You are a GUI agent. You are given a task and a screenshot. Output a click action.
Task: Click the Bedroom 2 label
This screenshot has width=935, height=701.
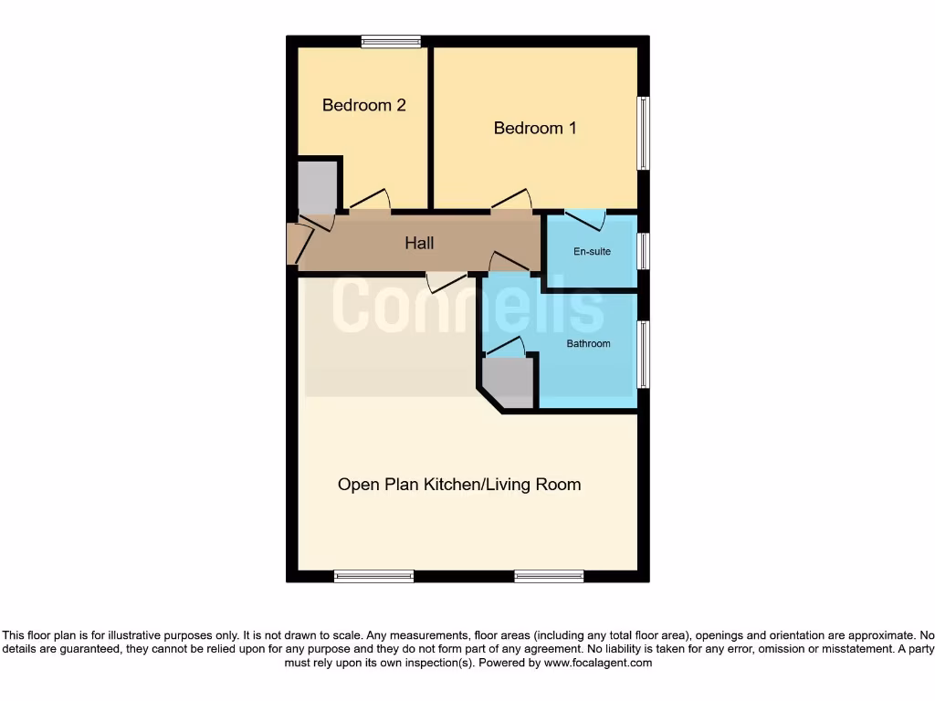pyautogui.click(x=363, y=105)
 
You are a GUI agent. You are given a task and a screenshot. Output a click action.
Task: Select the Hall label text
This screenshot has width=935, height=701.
pyautogui.click(x=419, y=243)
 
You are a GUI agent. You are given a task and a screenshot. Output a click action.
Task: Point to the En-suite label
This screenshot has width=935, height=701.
pyautogui.click(x=592, y=251)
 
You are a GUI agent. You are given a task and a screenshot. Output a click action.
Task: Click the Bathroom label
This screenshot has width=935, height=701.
pyautogui.click(x=588, y=343)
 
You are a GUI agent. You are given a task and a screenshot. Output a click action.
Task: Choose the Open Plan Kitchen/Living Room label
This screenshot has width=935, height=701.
pyautogui.click(x=459, y=484)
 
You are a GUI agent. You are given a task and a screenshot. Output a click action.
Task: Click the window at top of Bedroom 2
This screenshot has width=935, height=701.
pyautogui.click(x=391, y=41)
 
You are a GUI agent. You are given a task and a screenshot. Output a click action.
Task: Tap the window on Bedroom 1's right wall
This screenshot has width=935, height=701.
pyautogui.click(x=644, y=133)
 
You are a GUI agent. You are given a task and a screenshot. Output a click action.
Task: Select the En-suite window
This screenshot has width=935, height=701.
pyautogui.click(x=644, y=251)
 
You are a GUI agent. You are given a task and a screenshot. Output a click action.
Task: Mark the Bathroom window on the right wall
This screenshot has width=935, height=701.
pyautogui.click(x=644, y=353)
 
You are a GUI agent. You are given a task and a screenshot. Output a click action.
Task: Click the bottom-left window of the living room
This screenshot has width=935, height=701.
pyautogui.click(x=373, y=576)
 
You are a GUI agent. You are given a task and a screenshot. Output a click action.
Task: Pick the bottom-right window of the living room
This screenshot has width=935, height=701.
pyautogui.click(x=549, y=576)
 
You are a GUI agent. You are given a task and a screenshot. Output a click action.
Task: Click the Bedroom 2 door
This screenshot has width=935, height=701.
pyautogui.click(x=370, y=202)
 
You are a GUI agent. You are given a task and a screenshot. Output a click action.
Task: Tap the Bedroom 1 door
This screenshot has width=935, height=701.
pyautogui.click(x=511, y=202)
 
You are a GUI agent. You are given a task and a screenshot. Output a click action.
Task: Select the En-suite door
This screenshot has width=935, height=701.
pyautogui.click(x=584, y=219)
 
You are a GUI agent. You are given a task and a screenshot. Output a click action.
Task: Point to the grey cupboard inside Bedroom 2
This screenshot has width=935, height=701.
pyautogui.click(x=318, y=186)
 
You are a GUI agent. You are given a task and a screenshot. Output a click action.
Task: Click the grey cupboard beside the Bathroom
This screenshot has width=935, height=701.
pyautogui.click(x=508, y=382)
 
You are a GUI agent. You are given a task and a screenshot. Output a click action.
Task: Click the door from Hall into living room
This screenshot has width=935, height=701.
pyautogui.click(x=446, y=280)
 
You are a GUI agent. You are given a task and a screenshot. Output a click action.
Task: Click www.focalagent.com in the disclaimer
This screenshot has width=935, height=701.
pyautogui.click(x=597, y=664)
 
